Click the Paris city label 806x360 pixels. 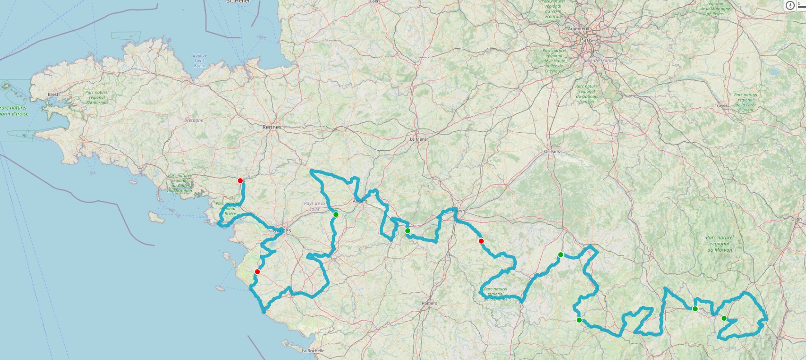tap(586, 40)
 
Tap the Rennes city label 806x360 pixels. tap(272, 127)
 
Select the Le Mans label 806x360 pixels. tap(418, 139)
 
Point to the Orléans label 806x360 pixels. tap(551, 152)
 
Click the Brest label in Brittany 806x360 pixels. tap(53, 94)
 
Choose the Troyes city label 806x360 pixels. tap(721, 106)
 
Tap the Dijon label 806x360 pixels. tap(796, 219)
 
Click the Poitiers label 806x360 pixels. tap(429, 303)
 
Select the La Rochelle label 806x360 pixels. tap(313, 351)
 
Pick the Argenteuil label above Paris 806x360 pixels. tap(578, 28)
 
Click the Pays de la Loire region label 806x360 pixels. tap(315, 206)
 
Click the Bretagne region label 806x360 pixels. tap(194, 120)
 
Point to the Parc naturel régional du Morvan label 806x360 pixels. tap(719, 244)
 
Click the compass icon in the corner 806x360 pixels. tap(790, 5)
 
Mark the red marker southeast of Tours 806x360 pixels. tap(481, 241)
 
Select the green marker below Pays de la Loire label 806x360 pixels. tap(336, 215)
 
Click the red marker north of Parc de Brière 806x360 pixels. tap(240, 180)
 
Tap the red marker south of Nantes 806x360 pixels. tap(257, 272)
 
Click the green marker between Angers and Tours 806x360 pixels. tap(408, 231)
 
